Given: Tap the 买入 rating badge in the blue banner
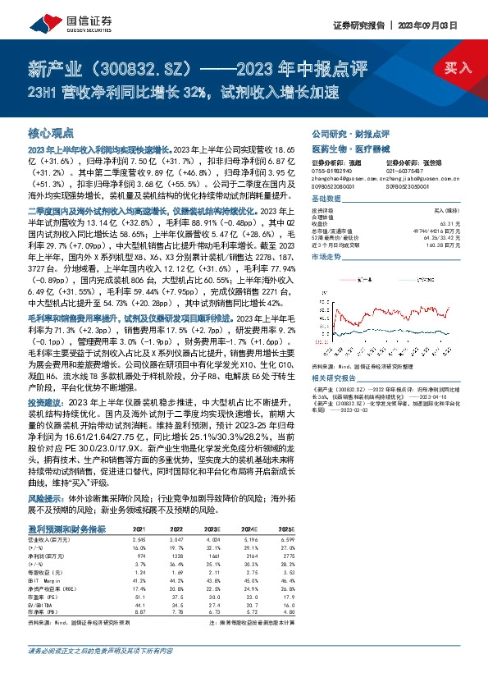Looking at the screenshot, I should pyautogui.click(x=458, y=70).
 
